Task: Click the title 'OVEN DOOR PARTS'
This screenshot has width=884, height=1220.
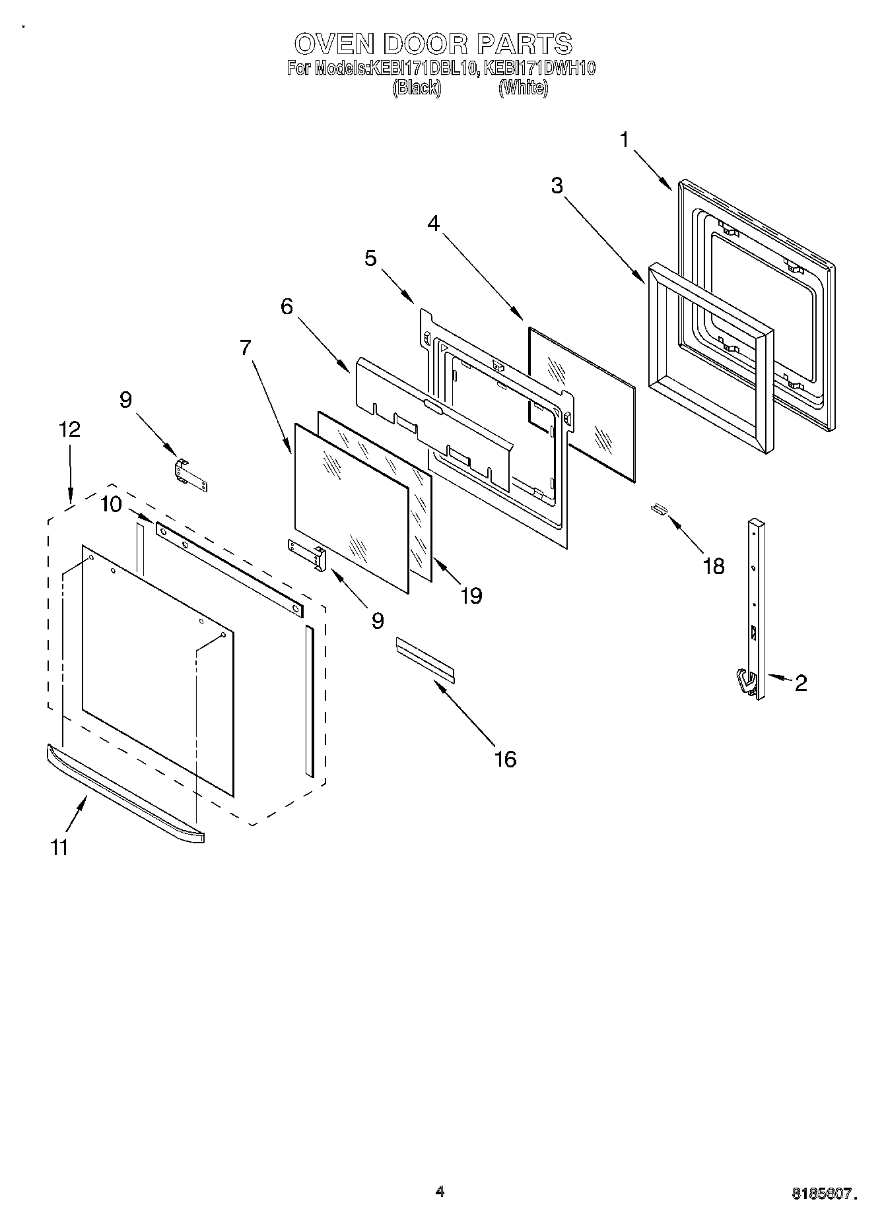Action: point(433,44)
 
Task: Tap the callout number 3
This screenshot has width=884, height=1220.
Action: point(557,186)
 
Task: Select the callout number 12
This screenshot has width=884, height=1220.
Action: point(69,429)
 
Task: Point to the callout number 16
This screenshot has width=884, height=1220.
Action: point(504,759)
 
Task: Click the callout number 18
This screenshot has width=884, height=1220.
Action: point(714,565)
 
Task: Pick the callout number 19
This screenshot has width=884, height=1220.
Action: point(471,596)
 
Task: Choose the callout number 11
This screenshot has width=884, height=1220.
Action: point(59,847)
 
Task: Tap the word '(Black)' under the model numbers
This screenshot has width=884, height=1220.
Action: point(417,87)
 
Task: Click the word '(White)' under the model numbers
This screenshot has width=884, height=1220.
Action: point(523,87)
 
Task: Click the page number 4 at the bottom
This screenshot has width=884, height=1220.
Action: point(440,1191)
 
